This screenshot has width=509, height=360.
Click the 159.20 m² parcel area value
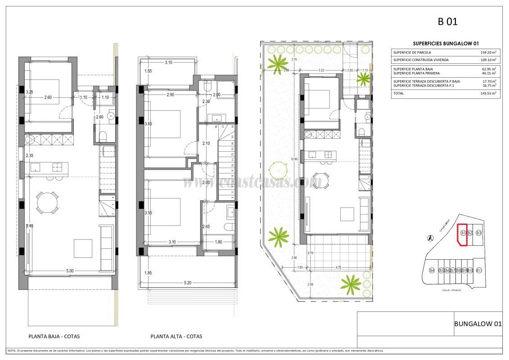488,53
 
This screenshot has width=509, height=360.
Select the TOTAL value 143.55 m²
488,93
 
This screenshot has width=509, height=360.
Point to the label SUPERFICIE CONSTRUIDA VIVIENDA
420,59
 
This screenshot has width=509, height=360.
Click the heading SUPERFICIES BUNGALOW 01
445,43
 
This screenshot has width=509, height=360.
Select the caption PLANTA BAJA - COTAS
54,336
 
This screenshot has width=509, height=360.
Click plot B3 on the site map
479,233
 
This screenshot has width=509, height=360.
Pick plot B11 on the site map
479,270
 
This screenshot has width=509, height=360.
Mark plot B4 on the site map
432,270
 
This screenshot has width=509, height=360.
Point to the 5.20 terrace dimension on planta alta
188,283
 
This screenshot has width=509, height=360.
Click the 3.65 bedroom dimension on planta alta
148,124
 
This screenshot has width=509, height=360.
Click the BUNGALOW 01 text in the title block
477,324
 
